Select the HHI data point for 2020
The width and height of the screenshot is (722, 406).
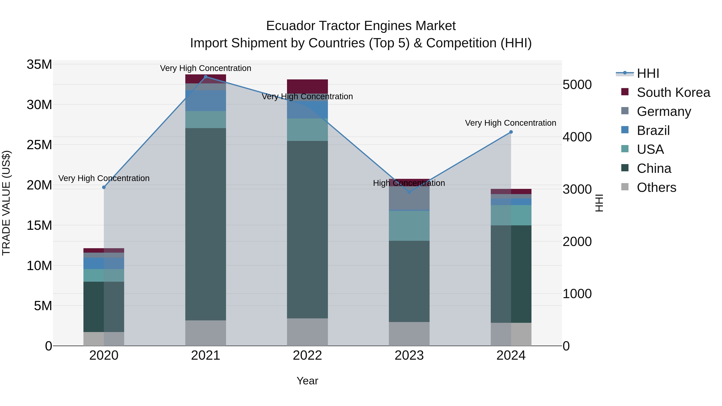(x=104, y=187)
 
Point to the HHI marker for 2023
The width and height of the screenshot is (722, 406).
(x=409, y=192)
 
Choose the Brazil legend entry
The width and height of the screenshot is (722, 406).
(x=653, y=131)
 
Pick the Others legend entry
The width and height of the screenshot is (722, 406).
(x=656, y=187)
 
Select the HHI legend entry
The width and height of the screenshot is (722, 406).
(x=648, y=73)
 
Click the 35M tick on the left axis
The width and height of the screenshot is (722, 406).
(x=39, y=65)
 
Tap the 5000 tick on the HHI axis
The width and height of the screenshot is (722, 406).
(x=577, y=85)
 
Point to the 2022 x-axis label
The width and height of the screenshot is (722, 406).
(x=307, y=355)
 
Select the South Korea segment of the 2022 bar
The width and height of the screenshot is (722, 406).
(x=307, y=86)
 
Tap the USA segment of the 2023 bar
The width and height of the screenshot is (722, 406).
(x=409, y=226)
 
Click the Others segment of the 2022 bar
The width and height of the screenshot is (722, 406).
(x=307, y=332)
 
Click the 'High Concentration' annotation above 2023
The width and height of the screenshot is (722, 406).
(x=409, y=183)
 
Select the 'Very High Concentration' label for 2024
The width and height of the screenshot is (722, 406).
(x=510, y=123)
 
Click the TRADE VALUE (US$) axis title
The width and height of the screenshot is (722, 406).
(x=6, y=203)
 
